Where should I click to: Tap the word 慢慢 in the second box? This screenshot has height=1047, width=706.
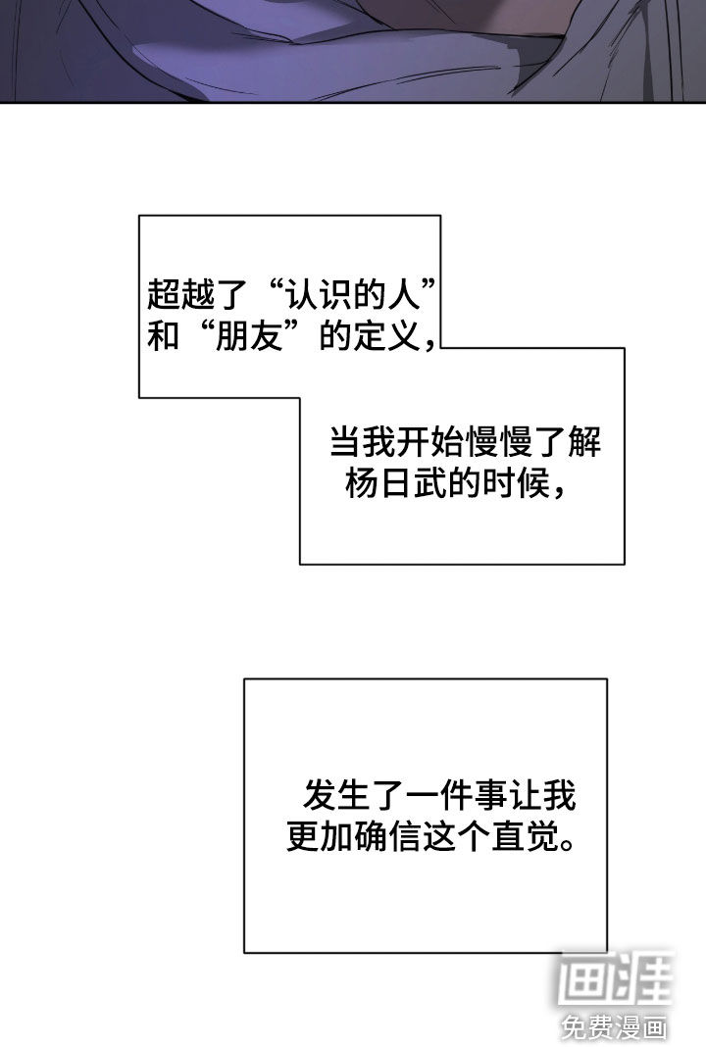click(496, 443)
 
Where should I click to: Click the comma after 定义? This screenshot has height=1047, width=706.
click(429, 344)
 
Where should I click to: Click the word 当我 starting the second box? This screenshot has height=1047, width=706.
click(359, 443)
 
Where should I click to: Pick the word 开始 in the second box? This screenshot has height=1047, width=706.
click(428, 443)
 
